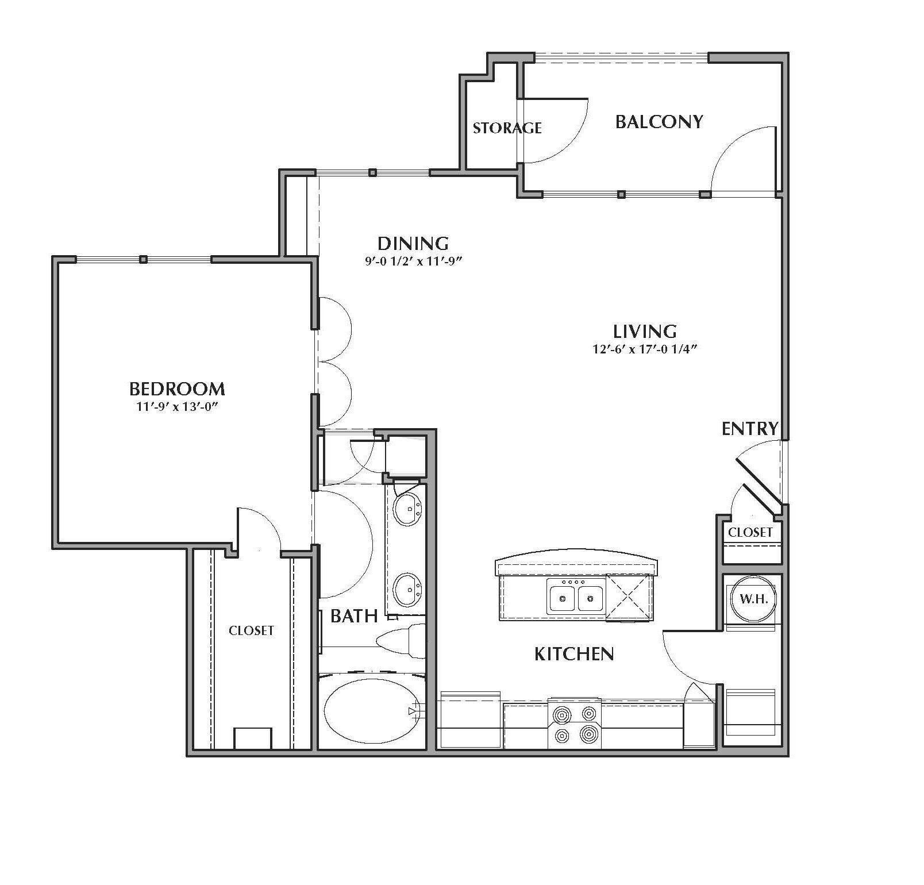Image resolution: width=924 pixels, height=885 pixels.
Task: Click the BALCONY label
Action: pos(659,122)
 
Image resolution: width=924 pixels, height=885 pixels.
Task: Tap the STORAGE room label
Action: pos(507,128)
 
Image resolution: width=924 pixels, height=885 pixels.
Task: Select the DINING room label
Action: pos(413,243)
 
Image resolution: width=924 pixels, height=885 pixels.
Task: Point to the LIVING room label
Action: pos(645,332)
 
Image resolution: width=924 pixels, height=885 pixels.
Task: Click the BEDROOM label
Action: pos(177,389)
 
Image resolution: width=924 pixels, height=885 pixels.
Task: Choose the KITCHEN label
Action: pos(574,654)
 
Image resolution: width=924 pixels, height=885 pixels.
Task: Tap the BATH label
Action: pos(354,617)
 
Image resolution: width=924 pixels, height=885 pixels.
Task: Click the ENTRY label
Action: pos(750,429)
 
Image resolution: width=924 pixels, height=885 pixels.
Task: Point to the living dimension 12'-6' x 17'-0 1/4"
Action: pos(645,349)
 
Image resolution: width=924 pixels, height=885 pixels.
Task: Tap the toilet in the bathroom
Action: pos(401,641)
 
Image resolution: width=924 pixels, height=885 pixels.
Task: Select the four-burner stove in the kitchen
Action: pos(575,723)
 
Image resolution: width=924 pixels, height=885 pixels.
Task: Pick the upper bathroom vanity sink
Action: pos(408,508)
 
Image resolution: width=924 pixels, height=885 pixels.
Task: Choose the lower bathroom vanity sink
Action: pos(408,589)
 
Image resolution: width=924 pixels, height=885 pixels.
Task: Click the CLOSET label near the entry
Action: pos(750,533)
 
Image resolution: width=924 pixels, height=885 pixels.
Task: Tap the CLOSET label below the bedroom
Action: pos(251,631)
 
